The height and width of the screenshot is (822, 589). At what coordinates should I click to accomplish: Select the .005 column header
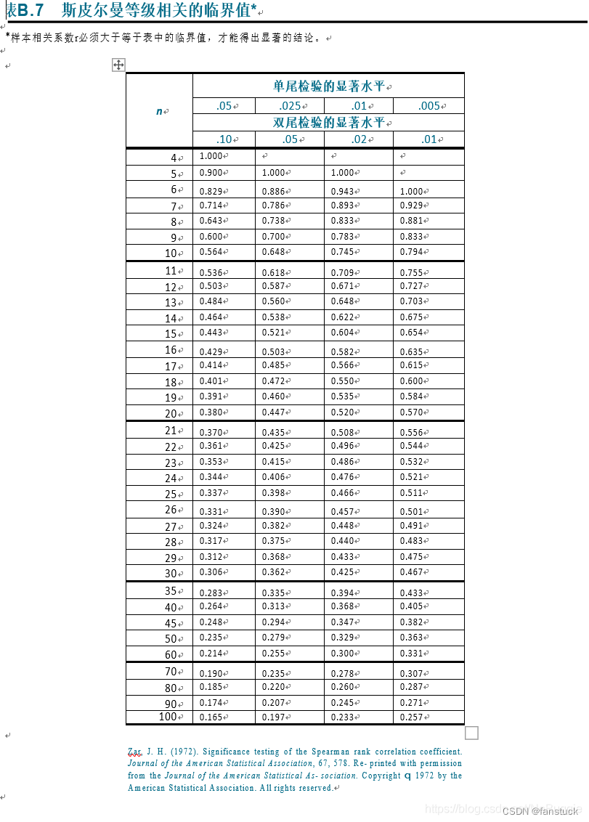point(429,106)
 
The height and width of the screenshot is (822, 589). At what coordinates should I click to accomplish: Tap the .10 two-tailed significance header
point(224,139)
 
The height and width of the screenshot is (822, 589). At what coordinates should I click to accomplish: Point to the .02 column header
point(358,139)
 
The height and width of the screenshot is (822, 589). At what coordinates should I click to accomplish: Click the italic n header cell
point(160,111)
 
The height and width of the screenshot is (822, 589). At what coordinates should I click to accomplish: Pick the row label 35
point(171,591)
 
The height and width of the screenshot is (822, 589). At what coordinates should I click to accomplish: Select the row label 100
point(168,717)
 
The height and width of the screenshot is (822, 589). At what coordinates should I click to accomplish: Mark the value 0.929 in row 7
point(411,206)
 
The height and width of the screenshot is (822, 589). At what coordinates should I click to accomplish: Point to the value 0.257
point(411,717)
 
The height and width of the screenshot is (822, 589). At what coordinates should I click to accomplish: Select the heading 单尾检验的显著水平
point(328,86)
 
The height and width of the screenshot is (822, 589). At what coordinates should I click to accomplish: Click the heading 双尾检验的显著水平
point(328,122)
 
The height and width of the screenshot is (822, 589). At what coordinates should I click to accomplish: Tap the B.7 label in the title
point(31,10)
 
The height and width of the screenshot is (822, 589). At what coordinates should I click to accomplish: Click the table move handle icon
point(118,65)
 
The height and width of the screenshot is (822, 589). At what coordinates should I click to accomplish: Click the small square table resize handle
point(471,733)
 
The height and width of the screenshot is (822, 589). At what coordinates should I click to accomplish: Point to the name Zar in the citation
point(134,752)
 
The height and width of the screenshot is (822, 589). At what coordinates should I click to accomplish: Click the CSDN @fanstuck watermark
point(540,811)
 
